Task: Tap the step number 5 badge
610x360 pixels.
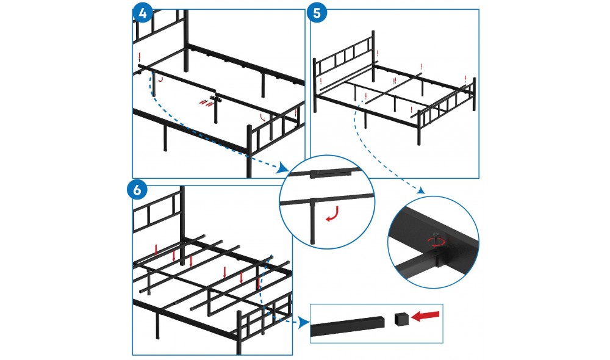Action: tap(317, 12)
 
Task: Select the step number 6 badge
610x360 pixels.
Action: tap(137, 190)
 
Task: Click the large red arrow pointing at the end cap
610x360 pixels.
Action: tap(425, 317)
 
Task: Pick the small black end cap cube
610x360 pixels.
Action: tap(401, 319)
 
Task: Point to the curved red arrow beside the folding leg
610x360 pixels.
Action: tap(333, 214)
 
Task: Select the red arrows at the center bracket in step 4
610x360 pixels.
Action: tap(207, 103)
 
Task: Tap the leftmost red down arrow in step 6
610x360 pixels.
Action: tap(156, 250)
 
